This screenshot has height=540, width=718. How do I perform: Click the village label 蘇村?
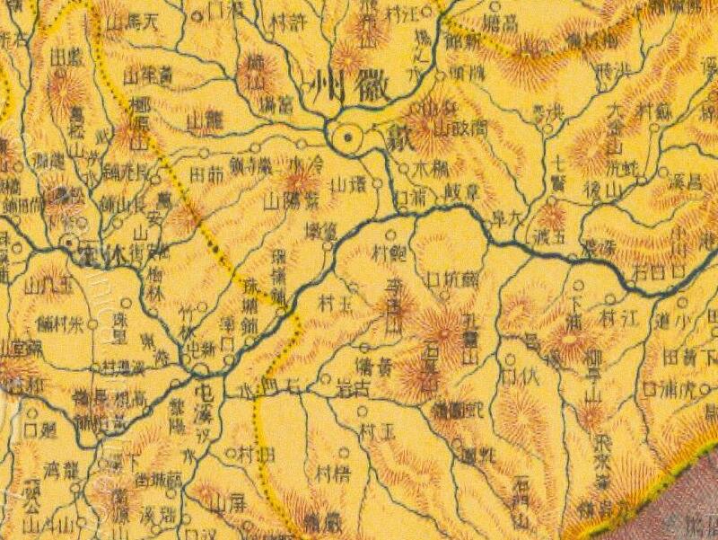click(655, 110)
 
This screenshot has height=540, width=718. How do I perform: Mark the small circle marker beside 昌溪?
click(662, 171)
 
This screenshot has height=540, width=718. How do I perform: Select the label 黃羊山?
click(148, 77)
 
